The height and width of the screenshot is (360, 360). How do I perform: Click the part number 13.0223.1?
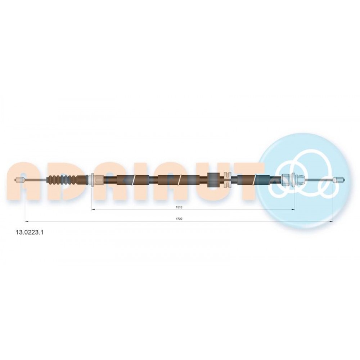(30, 232)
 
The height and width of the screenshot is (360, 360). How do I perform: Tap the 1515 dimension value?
(179, 207)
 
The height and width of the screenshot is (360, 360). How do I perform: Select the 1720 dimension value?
(179, 219)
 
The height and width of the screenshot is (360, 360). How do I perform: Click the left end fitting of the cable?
(19, 180)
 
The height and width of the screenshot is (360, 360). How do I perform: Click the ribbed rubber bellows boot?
(62, 180)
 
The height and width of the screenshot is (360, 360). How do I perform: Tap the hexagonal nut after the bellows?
(99, 180)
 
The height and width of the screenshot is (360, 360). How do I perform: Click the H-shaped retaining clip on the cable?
(227, 180)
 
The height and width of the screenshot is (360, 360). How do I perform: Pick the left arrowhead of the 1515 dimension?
(93, 210)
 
